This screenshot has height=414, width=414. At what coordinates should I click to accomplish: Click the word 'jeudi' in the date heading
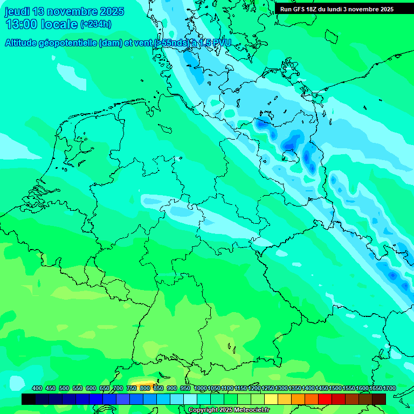[x=17, y=11]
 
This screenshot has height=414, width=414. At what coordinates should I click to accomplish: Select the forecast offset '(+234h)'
[x=95, y=24]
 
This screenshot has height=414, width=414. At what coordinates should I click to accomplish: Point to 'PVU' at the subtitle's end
[x=220, y=43]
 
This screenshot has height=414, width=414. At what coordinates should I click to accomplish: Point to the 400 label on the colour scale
[x=37, y=389]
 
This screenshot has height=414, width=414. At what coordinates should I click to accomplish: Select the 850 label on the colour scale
[x=158, y=389]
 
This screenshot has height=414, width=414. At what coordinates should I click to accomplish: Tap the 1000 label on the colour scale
[x=200, y=389]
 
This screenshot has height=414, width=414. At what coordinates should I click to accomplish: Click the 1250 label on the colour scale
[x=268, y=389]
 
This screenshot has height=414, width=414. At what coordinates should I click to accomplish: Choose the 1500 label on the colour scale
[x=335, y=389]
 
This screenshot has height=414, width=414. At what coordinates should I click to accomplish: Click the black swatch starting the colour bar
[x=29, y=399]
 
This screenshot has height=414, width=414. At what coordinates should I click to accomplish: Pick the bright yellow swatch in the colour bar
[x=271, y=399]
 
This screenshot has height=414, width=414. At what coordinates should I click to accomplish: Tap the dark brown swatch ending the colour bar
[x=379, y=399]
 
